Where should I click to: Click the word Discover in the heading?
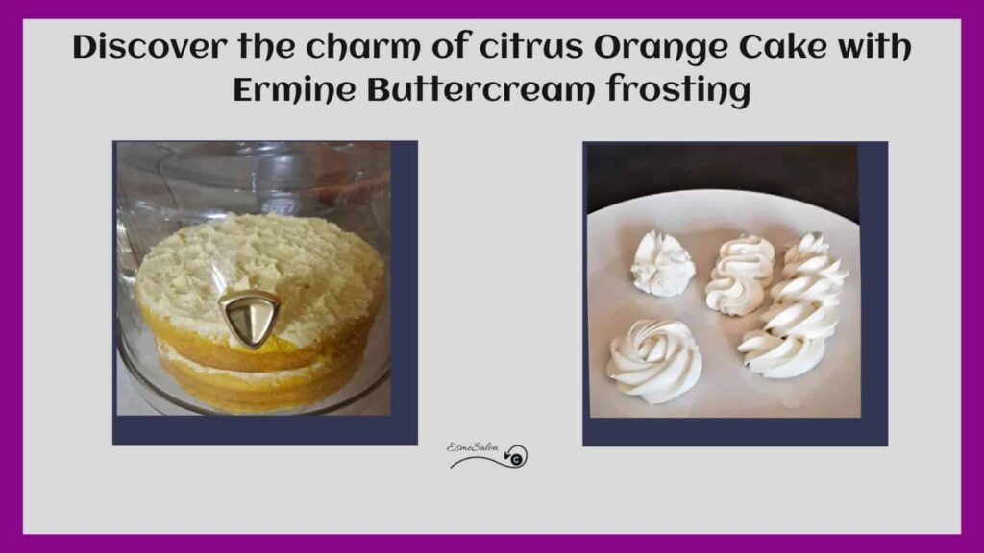click(x=149, y=47)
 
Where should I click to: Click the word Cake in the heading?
click(x=783, y=47)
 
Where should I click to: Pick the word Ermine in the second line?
click(x=294, y=91)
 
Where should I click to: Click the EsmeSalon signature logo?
click(x=487, y=455)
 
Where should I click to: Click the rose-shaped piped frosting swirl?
click(x=653, y=361)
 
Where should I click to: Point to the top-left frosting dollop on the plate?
click(x=662, y=264)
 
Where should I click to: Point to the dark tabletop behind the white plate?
click(x=722, y=173)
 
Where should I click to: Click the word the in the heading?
click(x=266, y=47)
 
